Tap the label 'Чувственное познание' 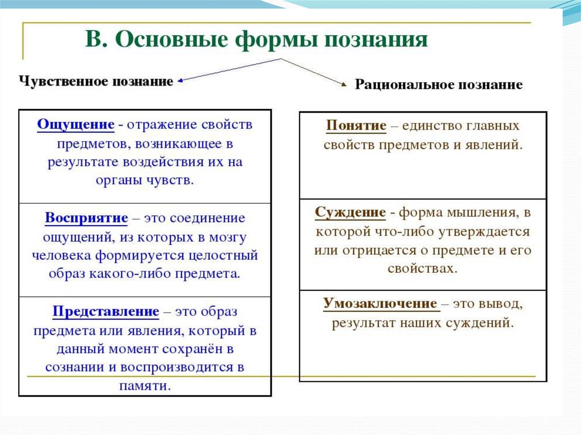[96, 81]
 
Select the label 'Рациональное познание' [439, 85]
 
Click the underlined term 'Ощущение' [75, 124]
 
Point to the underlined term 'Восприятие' [86, 218]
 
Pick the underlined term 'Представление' [106, 311]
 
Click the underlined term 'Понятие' [356, 125]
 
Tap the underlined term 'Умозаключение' [380, 303]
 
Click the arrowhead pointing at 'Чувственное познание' [180, 81]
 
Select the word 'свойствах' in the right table [423, 268]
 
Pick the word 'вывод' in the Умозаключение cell [501, 303]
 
